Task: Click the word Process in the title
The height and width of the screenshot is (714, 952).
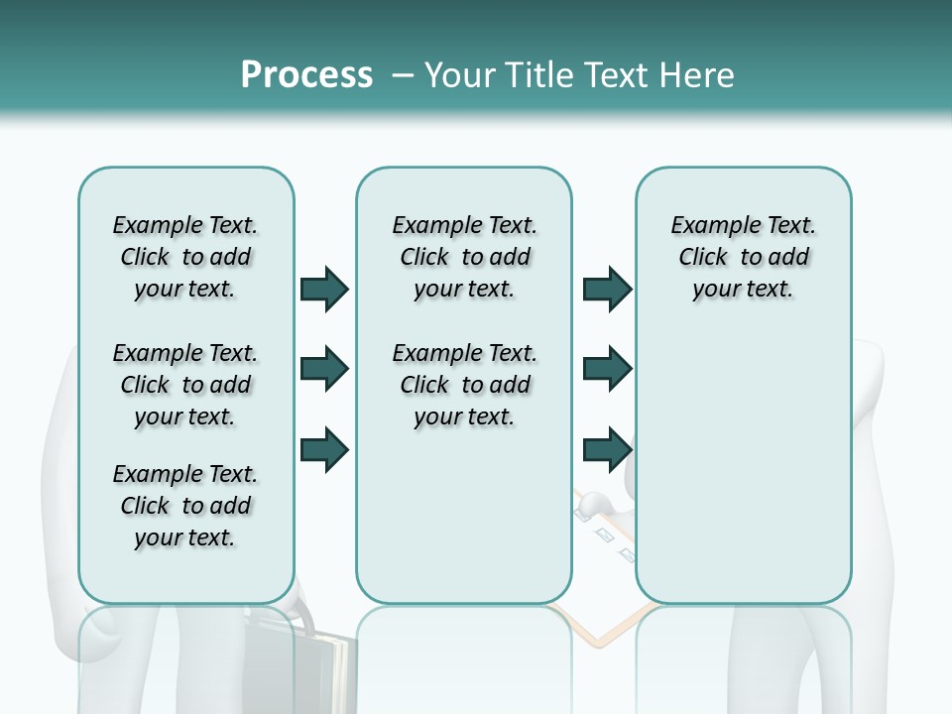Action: [x=306, y=75]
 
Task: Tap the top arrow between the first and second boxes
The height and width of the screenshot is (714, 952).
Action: [x=324, y=289]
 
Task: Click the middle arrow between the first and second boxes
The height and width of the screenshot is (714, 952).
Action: [x=324, y=370]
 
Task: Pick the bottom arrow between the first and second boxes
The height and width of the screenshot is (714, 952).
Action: [x=324, y=449]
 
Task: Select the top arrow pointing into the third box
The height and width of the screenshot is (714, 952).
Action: [x=607, y=289]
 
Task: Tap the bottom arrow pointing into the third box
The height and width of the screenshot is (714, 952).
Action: [x=607, y=449]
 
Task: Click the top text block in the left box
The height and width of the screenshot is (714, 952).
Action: [x=185, y=257]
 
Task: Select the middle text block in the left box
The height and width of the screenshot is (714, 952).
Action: [x=185, y=385]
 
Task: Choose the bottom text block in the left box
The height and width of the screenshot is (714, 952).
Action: [x=185, y=506]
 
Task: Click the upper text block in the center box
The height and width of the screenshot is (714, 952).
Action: [x=464, y=257]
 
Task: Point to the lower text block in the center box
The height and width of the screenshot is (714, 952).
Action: [x=464, y=385]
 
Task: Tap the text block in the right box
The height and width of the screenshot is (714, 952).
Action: [x=743, y=257]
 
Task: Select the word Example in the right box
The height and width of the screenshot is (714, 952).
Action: [x=709, y=226]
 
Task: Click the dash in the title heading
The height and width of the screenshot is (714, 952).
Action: [x=403, y=75]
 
